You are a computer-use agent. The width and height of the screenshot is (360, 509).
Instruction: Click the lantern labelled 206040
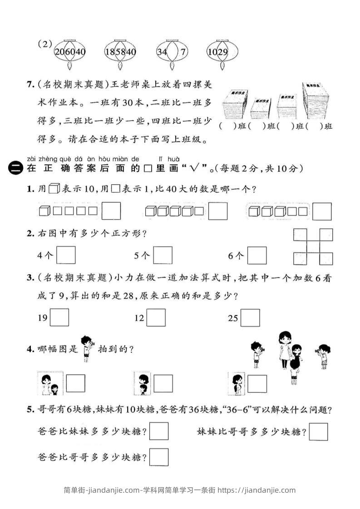[x=70, y=52]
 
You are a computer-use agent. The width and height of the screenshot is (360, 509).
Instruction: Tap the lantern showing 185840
[x=120, y=52]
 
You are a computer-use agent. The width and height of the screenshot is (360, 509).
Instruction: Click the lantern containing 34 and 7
[x=172, y=52]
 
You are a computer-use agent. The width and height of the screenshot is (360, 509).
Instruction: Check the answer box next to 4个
[x=66, y=255]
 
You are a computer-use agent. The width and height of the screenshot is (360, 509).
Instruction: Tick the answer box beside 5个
[x=163, y=255]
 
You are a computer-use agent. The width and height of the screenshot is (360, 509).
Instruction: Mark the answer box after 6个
[x=257, y=255]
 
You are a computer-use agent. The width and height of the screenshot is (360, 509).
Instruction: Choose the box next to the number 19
[x=59, y=318]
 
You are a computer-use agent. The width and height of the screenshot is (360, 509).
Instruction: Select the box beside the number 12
[x=156, y=318]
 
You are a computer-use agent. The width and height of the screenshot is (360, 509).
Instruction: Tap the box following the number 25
[x=251, y=318]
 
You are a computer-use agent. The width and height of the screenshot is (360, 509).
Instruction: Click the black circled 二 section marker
[x=15, y=169]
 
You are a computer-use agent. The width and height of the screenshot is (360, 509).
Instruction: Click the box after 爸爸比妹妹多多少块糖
[x=159, y=431]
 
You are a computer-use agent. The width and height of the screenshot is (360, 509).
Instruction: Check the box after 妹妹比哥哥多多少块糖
[x=318, y=431]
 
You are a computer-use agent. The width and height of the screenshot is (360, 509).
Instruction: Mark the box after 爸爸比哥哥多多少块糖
[x=159, y=457]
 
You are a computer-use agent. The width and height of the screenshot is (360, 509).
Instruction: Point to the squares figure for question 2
[x=313, y=247]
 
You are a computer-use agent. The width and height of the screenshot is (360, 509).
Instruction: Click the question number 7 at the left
[x=30, y=84]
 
